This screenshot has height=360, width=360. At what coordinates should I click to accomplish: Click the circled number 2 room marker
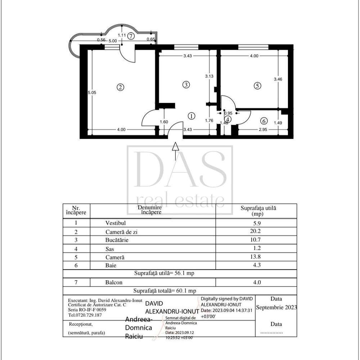tap(121, 87)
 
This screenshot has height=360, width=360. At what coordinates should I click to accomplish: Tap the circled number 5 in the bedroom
tap(257, 86)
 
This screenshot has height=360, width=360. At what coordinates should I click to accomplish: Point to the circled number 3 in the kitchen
tap(186, 85)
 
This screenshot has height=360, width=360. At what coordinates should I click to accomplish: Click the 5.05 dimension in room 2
tap(92, 93)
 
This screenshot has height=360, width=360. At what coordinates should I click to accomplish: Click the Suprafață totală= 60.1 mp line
tap(165, 291)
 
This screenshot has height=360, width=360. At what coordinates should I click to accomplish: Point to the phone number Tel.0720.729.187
tap(85, 315)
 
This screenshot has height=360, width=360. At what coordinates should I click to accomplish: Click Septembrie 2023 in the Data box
tap(276, 307)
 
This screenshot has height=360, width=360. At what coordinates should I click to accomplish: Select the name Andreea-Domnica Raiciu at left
tap(139, 328)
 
